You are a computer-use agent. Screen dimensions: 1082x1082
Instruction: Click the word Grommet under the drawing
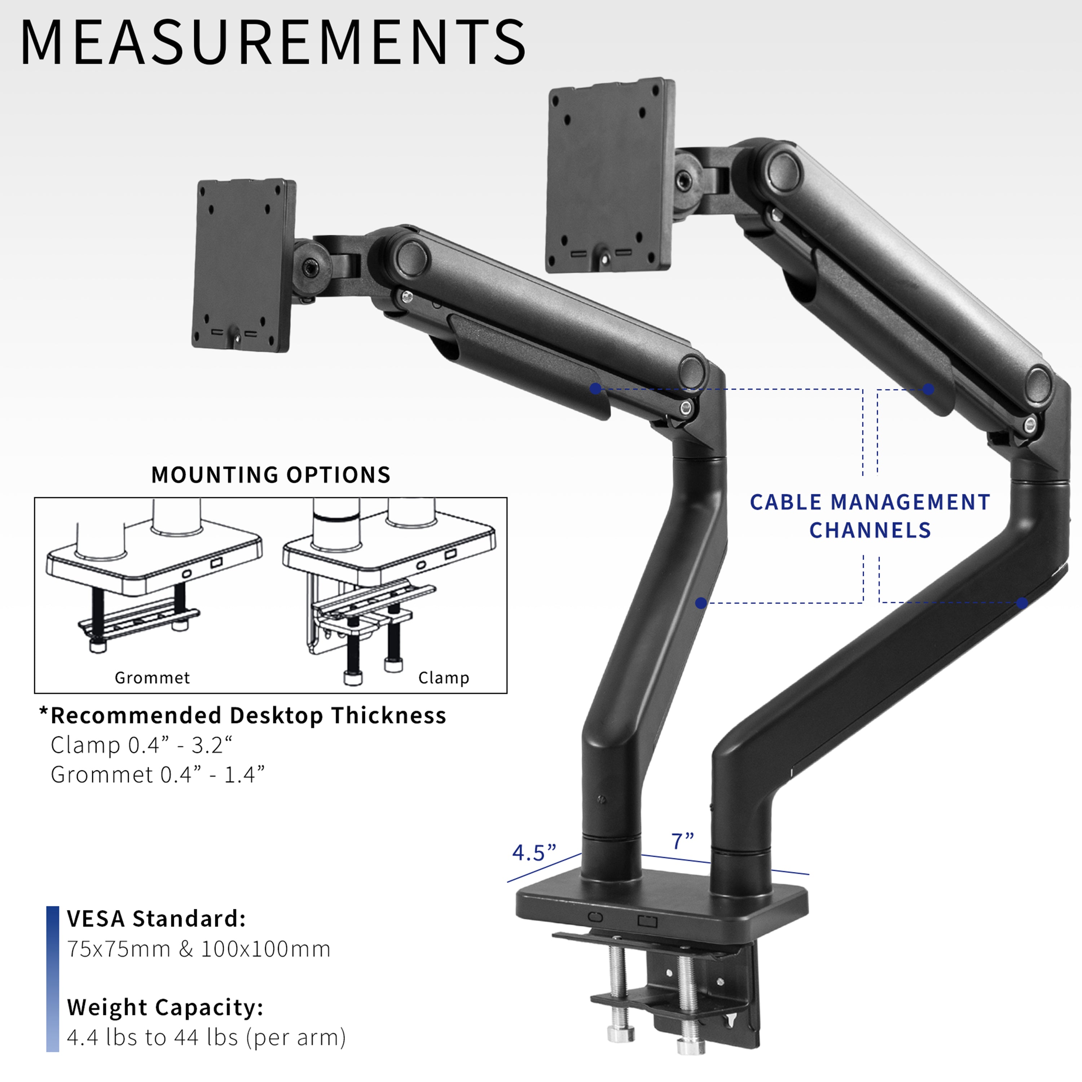152,678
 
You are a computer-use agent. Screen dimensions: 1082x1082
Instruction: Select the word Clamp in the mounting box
444,678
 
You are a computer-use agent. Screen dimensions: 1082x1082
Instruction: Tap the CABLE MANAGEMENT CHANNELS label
870,516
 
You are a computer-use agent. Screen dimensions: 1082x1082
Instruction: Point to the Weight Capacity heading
165,1007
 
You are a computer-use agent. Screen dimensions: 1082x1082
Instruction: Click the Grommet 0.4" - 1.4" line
157,775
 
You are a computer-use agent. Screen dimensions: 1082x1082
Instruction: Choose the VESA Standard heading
156,919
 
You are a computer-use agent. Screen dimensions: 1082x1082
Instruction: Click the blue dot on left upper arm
595,388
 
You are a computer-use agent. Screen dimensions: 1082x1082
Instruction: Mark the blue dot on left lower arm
701,603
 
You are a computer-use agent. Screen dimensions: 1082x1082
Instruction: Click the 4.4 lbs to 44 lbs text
206,1038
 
